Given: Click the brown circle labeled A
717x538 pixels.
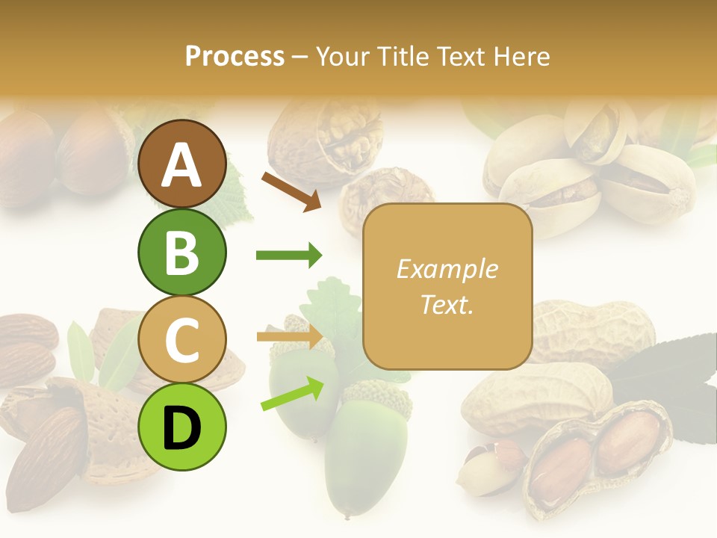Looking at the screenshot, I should pos(181,164).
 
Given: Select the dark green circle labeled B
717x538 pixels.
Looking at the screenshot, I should pos(181,252).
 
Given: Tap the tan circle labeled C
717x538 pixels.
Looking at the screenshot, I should pos(181,340).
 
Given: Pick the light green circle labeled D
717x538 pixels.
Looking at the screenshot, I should pos(181,427).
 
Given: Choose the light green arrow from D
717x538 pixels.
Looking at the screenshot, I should pos(292,394).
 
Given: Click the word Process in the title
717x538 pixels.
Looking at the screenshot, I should pos(235,56).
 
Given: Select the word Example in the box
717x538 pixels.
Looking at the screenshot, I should pos(447,269).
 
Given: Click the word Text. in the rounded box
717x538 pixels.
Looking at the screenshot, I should pos(447,304).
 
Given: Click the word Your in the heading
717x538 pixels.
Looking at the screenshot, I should pos(343,56).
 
